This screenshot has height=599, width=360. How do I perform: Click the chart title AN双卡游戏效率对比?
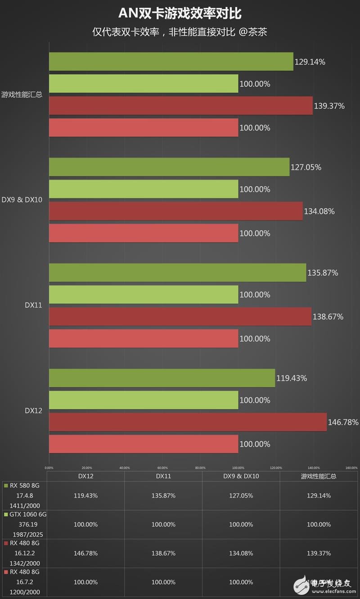tap(180, 14)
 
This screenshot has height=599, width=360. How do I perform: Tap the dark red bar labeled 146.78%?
tap(188, 422)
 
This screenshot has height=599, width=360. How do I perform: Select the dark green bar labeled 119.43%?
tap(162, 378)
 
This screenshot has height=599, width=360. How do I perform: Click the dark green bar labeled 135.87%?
tap(177, 273)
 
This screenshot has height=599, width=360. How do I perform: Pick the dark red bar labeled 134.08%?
tap(176, 211)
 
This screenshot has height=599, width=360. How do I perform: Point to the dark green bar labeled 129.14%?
tap(171, 62)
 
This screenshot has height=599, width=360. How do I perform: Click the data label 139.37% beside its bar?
tap(329, 106)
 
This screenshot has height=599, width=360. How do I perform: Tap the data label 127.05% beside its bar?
tap(306, 167)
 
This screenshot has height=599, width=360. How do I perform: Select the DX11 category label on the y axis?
tap(33, 305)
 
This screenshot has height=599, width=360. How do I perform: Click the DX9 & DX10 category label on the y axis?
tap(22, 200)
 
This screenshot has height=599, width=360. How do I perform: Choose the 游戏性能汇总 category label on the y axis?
tap(22, 94)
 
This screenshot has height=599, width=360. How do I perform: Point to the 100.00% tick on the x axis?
tap(238, 468)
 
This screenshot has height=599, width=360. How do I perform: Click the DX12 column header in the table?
tap(85, 476)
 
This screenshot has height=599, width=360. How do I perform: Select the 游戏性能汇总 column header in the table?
tap(319, 476)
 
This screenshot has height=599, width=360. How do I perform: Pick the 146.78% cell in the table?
tap(85, 553)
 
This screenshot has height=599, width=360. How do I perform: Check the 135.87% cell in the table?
tap(163, 496)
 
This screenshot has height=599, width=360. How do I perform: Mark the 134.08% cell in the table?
tap(241, 553)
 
